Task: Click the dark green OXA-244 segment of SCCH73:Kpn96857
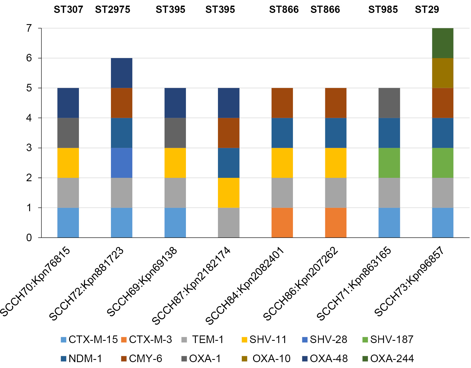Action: click(442, 43)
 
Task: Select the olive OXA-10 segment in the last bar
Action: click(442, 73)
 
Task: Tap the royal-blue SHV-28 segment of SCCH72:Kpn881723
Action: click(121, 163)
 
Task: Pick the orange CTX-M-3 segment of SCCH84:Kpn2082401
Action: click(282, 223)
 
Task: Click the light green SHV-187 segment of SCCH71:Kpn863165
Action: click(389, 163)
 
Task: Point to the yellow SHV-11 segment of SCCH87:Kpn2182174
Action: click(229, 193)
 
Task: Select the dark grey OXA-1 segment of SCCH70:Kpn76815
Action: click(68, 133)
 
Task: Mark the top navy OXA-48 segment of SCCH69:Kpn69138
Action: click(175, 103)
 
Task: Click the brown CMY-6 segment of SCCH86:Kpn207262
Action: click(336, 103)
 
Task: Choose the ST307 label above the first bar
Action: click(68, 10)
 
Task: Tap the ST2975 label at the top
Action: click(113, 10)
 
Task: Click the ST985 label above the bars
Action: click(383, 10)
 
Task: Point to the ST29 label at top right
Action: click(427, 10)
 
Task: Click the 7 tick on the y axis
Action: click(29, 28)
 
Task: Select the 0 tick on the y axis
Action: click(29, 238)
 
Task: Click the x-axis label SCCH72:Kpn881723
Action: click(87, 283)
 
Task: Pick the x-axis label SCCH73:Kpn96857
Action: click(409, 281)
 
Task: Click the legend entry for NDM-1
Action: click(81, 358)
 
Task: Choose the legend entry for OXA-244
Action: click(388, 358)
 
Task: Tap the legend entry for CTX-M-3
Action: click(147, 340)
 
